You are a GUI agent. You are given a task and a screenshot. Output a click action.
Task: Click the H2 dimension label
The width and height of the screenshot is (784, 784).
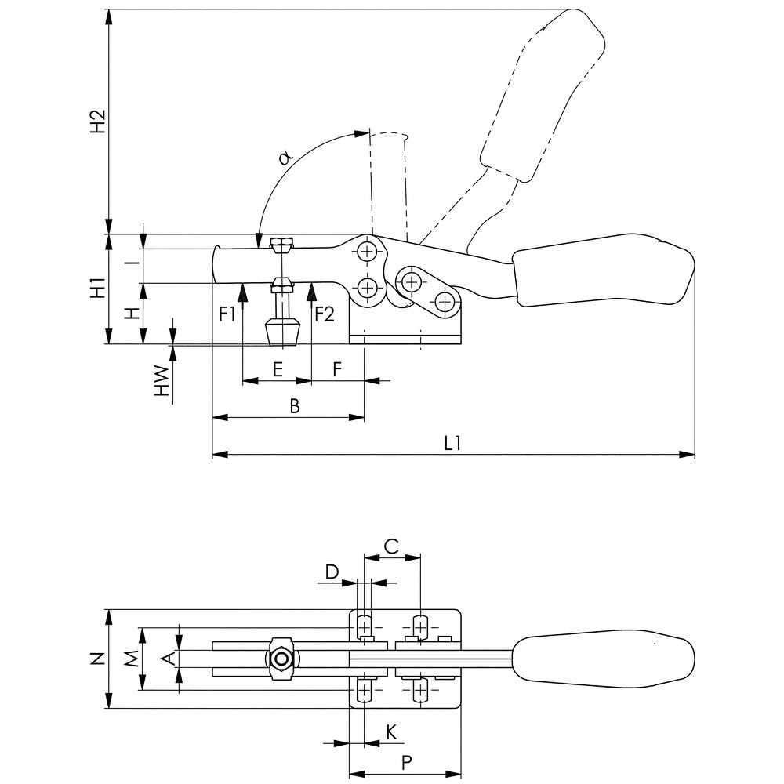[99, 121]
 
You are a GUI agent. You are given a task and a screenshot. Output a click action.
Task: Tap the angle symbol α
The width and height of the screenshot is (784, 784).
[285, 158]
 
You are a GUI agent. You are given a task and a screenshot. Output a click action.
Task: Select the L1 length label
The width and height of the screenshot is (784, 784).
[452, 443]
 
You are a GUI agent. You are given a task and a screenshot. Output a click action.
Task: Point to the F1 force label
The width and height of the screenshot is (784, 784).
[227, 314]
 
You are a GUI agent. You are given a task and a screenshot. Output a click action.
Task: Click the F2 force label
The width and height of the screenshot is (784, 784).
[325, 314]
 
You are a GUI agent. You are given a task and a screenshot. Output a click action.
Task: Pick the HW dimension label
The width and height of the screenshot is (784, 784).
[162, 381]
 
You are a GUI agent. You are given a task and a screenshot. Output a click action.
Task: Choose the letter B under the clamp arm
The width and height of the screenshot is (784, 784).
[295, 406]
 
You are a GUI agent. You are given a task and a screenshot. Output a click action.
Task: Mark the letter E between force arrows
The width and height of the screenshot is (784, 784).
[278, 370]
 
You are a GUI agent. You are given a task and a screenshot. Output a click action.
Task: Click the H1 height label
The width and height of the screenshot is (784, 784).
[99, 287]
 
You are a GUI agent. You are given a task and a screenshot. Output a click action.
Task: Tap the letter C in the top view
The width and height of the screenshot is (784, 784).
[391, 546]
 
